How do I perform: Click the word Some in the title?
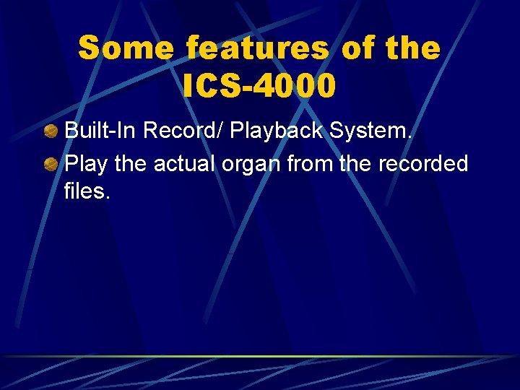click(127, 48)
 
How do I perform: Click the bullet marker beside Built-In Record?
click(51, 133)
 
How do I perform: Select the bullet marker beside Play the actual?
click(51, 165)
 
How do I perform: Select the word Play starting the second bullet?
click(87, 165)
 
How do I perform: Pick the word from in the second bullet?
click(311, 164)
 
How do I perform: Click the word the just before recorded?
click(356, 164)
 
